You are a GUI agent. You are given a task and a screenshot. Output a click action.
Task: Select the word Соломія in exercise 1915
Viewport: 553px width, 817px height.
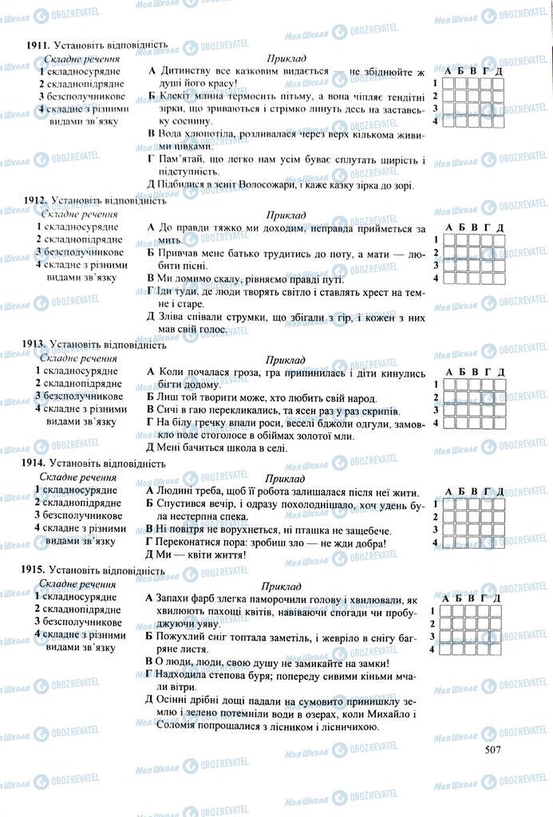(x=172, y=727)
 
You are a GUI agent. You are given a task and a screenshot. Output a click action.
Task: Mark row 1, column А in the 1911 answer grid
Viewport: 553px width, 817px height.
(x=448, y=83)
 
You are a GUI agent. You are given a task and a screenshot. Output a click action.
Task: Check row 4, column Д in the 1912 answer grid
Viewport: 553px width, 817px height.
(x=500, y=278)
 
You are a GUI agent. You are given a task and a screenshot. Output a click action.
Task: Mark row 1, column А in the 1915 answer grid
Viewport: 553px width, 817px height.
(x=448, y=611)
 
